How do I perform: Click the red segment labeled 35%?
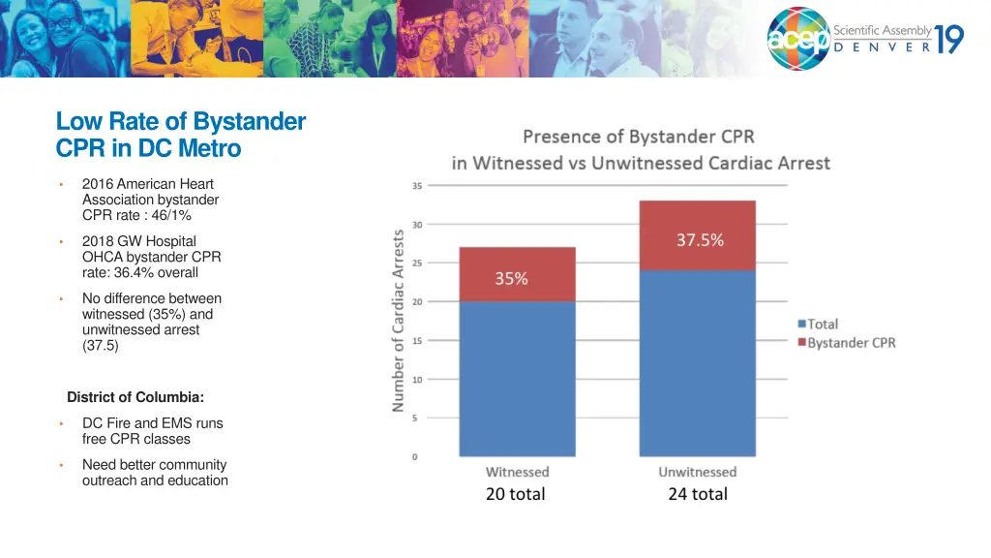point(517,274)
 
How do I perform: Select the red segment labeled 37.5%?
point(697,235)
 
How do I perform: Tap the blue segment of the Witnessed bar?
point(517,378)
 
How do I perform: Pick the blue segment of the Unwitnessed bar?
point(697,363)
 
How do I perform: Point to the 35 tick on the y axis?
point(417,185)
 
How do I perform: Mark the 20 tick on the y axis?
point(417,301)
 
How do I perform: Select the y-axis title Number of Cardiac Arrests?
point(398,321)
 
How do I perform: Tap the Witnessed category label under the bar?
point(517,472)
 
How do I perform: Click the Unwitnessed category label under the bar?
point(697,472)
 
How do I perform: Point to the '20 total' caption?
point(515,494)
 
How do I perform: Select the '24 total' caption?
point(697,494)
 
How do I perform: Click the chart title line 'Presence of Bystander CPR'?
point(639,137)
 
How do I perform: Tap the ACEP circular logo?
point(798,39)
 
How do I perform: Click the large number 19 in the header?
point(948,39)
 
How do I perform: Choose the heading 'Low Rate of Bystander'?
point(181,122)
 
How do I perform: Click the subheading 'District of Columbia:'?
point(135,397)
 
